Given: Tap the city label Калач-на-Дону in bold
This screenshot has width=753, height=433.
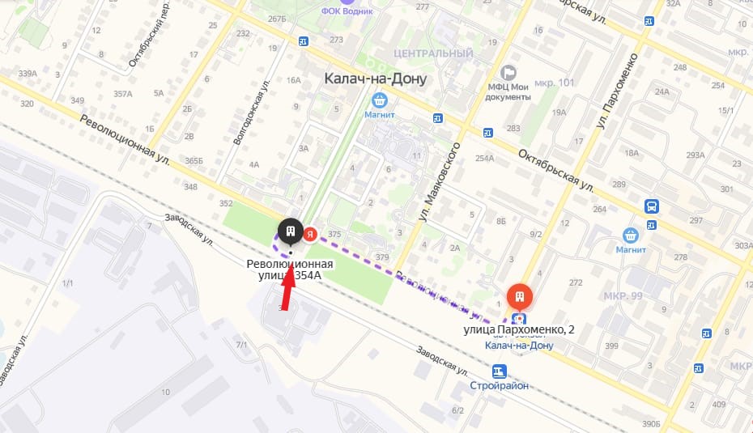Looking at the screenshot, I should point(375,79).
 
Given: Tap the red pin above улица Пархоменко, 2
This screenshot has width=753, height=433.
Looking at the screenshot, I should point(519,296).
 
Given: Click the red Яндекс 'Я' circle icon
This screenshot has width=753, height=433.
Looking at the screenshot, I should point(310,235).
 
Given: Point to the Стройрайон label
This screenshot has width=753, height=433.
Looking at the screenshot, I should point(499,385).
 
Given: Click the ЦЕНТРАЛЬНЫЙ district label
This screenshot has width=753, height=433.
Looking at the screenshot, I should point(432,53).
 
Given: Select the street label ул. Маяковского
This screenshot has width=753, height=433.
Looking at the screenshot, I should point(438,183).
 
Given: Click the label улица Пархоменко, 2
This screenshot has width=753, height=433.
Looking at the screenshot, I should point(519,330).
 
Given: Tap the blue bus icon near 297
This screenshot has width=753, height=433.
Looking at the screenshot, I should point(651,206).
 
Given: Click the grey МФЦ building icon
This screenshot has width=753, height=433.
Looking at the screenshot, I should point(508,73).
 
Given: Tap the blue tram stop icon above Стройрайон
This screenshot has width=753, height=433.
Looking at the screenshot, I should point(499,371).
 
